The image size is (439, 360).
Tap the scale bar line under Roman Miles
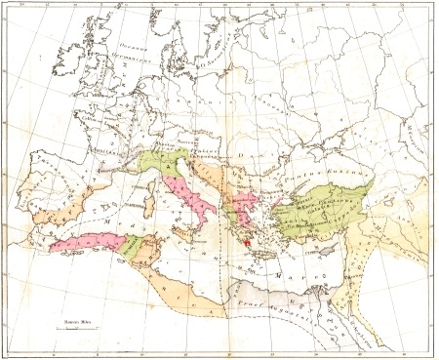(x=73, y=331)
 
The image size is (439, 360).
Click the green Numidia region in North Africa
(x=131, y=250)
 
